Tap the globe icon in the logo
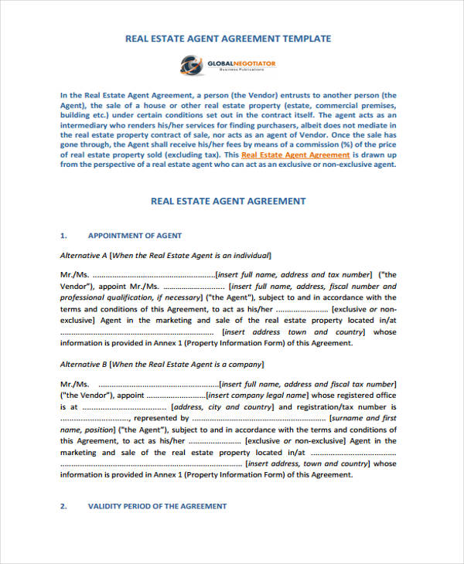tap(197, 63)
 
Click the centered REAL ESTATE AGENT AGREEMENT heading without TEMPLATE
tap(228, 201)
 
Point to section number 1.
tap(63, 235)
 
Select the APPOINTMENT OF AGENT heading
tap(135, 235)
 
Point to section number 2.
tap(63, 506)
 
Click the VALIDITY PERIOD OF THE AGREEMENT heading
tap(158, 506)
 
